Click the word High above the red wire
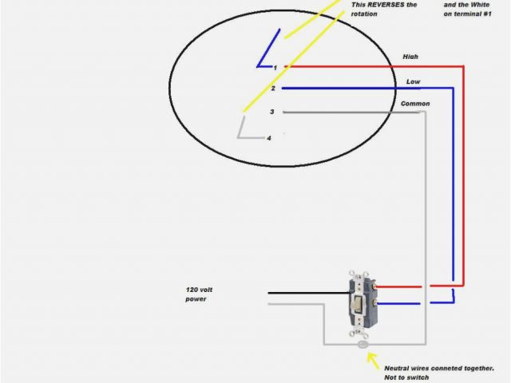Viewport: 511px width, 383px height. coord(410,57)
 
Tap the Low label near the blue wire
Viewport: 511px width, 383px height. coord(413,81)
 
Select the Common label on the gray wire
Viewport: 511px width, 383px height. coord(415,104)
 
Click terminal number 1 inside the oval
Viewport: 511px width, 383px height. coord(275,68)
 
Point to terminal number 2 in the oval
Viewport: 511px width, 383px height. coord(273,89)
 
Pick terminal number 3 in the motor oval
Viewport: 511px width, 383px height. coord(272,112)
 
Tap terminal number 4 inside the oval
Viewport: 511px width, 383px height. coord(269,138)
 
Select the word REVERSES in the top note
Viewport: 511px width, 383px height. coord(386,5)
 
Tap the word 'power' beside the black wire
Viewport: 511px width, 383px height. coord(196,299)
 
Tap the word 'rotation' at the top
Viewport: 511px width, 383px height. coord(366,14)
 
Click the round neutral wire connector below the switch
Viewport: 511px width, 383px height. coord(363,345)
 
